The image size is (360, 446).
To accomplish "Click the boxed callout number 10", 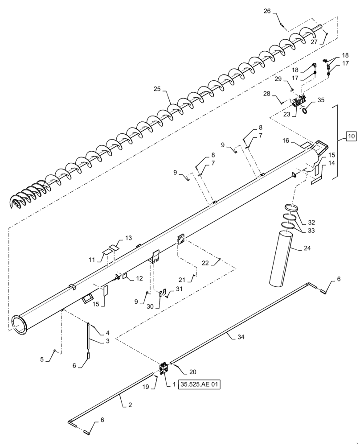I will [351, 136].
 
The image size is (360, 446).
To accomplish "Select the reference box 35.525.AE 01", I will [200, 384].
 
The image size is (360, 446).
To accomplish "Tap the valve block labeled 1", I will [164, 370].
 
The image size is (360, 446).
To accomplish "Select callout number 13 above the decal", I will [128, 239].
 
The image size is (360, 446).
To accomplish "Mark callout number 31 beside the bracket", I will [179, 289].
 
